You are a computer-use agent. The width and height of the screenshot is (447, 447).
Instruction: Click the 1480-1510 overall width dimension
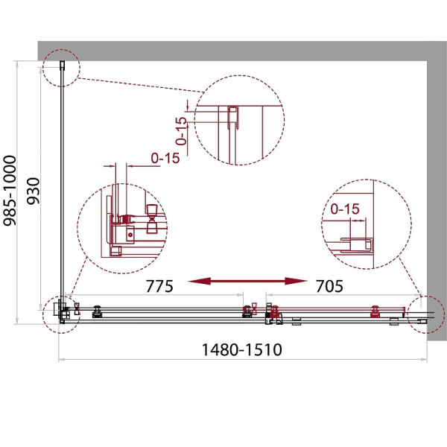[x=241, y=349]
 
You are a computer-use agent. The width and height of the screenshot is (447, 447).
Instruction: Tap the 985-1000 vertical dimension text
[x=10, y=191]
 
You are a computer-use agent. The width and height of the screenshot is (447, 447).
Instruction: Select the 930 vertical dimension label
[x=34, y=191]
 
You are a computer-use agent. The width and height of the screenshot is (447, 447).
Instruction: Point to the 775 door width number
[x=159, y=286]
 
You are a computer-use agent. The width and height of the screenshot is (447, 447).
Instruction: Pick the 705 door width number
[x=329, y=286]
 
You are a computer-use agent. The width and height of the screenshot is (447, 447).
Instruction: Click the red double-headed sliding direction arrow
[x=247, y=282]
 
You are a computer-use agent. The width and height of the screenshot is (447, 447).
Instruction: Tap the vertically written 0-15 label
[x=181, y=131]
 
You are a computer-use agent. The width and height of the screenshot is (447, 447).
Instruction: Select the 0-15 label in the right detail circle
[x=345, y=209]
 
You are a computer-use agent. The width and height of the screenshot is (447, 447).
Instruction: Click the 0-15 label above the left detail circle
[x=165, y=158]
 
